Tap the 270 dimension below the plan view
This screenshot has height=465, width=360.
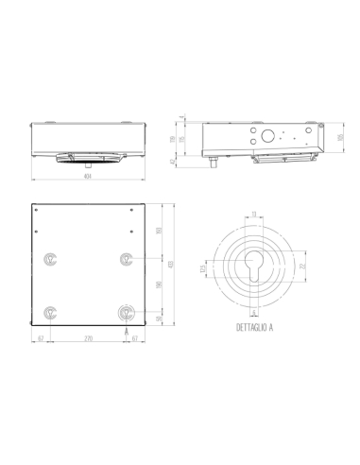coord(88,336)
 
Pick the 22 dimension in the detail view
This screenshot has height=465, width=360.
coord(303,269)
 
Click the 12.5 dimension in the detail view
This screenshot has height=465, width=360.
coord(203,269)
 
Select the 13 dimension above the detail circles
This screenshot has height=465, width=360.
coord(254,215)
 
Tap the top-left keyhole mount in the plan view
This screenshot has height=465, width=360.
coord(51,258)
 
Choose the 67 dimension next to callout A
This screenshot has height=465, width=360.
coord(136,336)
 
